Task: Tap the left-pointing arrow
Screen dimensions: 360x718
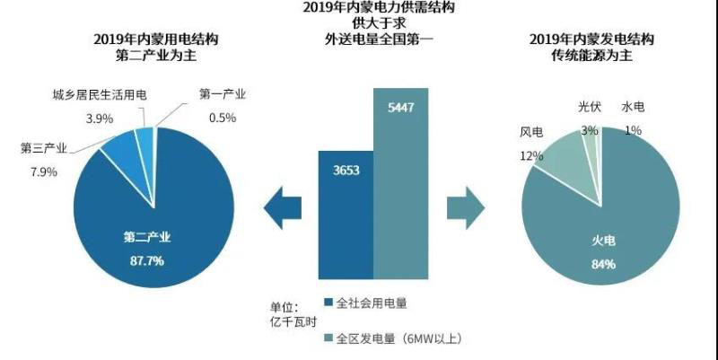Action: pyautogui.click(x=283, y=209)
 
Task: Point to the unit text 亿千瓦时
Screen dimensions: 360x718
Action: pyautogui.click(x=290, y=321)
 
